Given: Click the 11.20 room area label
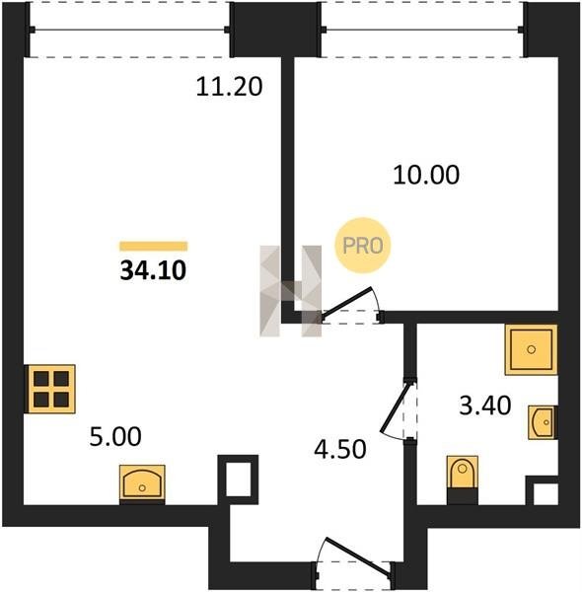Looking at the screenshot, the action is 229,87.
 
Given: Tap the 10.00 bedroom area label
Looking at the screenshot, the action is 426,175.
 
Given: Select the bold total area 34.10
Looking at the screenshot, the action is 153,270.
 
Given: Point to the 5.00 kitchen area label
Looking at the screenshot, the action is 115,436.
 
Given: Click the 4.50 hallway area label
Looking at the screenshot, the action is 340,449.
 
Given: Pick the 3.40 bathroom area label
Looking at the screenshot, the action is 485,406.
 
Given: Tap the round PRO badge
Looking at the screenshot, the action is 363,246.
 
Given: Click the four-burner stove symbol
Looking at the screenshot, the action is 50,389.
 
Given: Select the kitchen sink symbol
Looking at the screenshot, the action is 142,483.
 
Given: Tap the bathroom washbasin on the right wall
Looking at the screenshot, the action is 543,422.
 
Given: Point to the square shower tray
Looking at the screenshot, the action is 531,349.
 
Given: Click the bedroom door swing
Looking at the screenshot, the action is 349,304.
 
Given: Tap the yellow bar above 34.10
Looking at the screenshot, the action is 153,246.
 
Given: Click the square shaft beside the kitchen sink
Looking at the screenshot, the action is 238,480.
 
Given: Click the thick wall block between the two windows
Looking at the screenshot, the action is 275,30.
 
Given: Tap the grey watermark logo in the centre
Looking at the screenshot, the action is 291,291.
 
